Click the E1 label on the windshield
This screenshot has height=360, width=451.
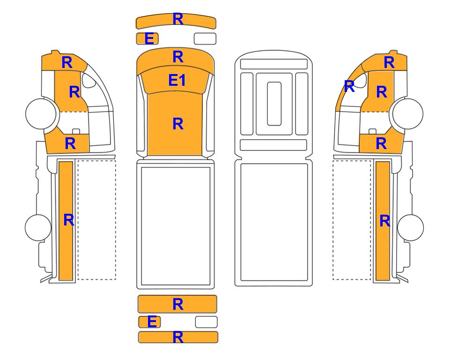[177, 80]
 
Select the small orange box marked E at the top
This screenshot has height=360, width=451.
[147, 38]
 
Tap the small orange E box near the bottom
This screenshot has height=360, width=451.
[149, 322]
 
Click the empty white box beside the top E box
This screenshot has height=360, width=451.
[205, 38]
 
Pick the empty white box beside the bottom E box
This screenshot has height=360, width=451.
[206, 322]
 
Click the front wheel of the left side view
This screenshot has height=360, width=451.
[41, 113]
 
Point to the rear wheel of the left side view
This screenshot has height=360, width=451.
[38, 227]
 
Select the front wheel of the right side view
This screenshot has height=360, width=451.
[408, 114]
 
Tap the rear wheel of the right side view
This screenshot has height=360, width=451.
[410, 227]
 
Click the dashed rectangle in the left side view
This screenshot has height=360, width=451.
[96, 220]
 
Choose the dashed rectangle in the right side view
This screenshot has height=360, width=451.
[352, 220]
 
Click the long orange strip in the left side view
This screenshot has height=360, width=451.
[66, 221]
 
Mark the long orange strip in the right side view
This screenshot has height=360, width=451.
[383, 221]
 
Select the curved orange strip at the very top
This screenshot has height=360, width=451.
[176, 21]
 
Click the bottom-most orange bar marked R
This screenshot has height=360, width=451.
[178, 337]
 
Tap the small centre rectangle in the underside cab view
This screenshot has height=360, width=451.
[274, 104]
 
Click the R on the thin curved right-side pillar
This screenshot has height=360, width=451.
[349, 86]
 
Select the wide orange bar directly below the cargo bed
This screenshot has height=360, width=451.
[177, 304]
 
